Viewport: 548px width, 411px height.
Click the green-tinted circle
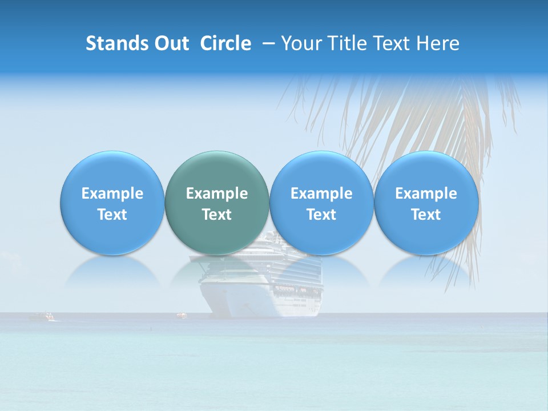(217, 203)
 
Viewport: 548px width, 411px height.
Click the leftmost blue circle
(112, 203)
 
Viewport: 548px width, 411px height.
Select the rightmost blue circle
(426, 203)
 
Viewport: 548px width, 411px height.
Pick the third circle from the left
(321, 203)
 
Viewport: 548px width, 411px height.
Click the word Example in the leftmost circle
(112, 194)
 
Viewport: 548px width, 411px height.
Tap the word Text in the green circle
(217, 215)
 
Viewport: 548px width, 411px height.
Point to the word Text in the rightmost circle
(426, 215)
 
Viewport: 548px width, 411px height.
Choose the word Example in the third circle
(321, 194)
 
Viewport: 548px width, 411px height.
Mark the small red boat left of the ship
(181, 314)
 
